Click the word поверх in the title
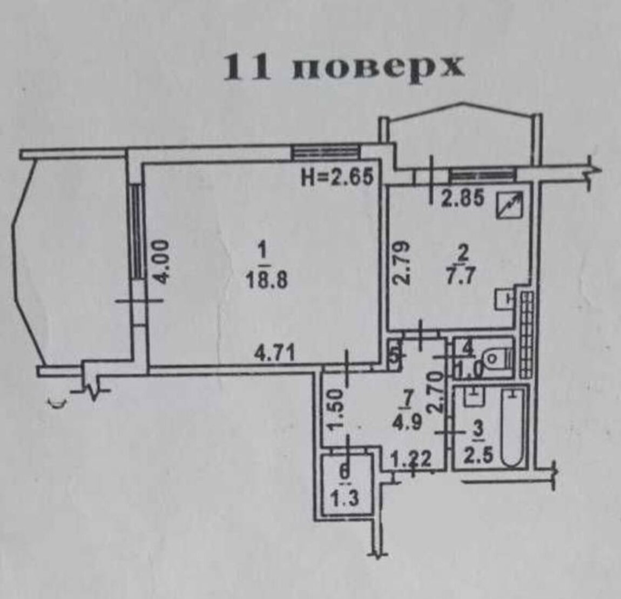click(x=378, y=67)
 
